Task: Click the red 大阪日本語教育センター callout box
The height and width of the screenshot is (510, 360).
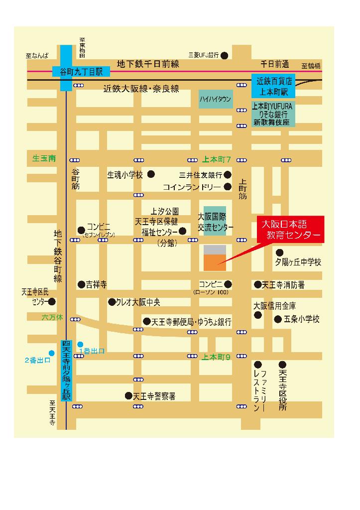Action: tap(290, 230)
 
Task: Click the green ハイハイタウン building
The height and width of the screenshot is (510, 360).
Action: tap(215, 99)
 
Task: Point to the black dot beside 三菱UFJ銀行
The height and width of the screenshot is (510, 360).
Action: tap(225, 55)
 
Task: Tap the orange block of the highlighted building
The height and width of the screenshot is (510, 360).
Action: tap(215, 262)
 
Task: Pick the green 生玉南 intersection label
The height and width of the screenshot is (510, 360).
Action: tap(44, 159)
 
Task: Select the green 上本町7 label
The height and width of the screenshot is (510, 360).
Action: tap(217, 160)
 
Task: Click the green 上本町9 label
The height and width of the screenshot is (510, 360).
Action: tap(217, 357)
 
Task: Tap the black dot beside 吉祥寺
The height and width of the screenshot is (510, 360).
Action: tap(81, 285)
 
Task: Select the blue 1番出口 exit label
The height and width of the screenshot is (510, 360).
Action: tap(92, 351)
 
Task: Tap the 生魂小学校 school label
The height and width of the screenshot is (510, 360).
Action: tap(125, 175)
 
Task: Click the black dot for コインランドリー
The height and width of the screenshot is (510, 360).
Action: tap(228, 187)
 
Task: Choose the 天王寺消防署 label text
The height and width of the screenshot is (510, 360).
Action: tap(283, 285)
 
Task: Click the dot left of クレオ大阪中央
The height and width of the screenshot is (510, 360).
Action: tap(111, 302)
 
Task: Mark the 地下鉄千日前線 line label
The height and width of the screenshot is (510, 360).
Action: tap(147, 64)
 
